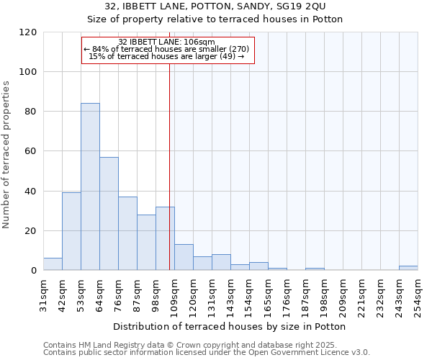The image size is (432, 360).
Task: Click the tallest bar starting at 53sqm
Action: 90,186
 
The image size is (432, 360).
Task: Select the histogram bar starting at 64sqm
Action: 109,213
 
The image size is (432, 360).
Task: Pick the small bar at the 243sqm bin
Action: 408,268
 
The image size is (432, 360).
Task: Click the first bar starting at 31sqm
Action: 53,264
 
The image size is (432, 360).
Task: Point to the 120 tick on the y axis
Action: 29,32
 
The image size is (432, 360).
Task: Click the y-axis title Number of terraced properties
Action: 7,155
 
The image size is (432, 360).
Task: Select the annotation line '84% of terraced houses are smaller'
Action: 167,49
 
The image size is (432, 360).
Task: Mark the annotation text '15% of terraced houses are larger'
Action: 167,56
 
